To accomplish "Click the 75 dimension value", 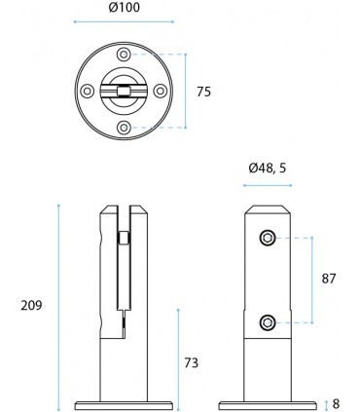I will [x=203, y=92].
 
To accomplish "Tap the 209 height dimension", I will [x=30, y=305].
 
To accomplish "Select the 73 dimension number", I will [x=191, y=362].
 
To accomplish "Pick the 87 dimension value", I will [x=328, y=279].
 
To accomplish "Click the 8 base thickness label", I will [x=336, y=402].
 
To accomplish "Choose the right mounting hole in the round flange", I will [x=159, y=91].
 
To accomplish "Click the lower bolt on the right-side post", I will [x=268, y=322].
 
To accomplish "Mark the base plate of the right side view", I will [x=268, y=402].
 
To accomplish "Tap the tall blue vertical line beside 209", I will [x=60, y=306].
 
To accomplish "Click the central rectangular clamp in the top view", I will [x=123, y=92].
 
